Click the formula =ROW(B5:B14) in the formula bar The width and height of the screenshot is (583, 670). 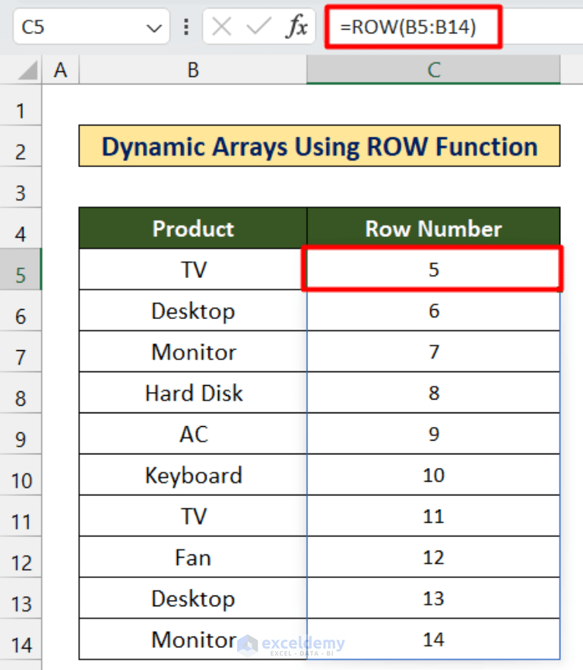point(408,28)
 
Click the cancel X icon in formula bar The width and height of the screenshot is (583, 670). point(222,28)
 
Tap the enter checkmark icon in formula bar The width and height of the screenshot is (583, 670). point(258,28)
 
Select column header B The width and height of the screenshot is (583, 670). point(193,71)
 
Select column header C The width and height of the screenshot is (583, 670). point(433,71)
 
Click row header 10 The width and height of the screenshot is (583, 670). point(21,481)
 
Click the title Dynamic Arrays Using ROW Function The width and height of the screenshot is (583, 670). point(319,147)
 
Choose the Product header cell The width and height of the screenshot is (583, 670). point(193,229)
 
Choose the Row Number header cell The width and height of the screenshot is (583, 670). point(433,229)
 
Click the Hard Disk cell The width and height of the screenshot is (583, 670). point(193,393)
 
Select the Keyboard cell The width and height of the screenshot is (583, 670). point(193,476)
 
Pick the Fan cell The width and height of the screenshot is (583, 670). point(193,558)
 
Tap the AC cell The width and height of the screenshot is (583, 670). point(193,435)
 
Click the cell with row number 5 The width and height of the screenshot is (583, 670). point(433,270)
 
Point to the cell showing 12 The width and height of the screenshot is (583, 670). point(433,558)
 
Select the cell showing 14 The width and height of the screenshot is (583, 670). point(433,640)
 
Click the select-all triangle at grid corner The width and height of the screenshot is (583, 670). point(27,71)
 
